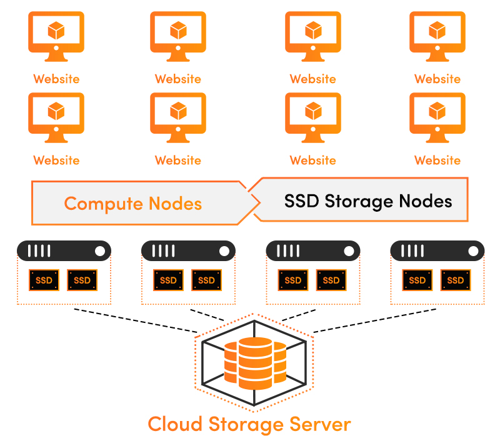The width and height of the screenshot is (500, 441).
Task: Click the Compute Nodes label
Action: coord(132,204)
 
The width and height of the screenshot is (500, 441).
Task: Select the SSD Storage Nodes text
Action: coord(367,201)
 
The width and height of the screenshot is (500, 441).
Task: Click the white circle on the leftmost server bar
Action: coord(100,252)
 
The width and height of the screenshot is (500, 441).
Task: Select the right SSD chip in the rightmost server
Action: coord(456,280)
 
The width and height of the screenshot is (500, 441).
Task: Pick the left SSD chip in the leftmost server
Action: coord(44,280)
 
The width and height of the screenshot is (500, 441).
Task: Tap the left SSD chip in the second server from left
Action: coord(168,280)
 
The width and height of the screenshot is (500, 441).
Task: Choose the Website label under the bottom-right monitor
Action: coord(437,161)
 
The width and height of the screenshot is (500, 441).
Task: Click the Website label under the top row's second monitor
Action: coord(178,79)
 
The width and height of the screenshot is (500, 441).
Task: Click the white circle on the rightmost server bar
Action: coord(474,252)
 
